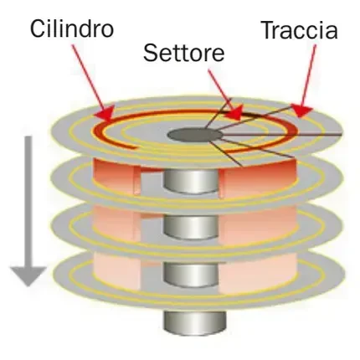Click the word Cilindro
72,28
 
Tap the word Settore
184,53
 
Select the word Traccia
301,29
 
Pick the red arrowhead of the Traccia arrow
301,110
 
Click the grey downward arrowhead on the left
28,275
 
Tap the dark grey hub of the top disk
195,135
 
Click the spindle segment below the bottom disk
194,324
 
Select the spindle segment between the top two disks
191,182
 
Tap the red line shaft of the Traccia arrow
309,75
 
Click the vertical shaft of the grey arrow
28,202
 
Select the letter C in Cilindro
38,29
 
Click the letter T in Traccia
269,30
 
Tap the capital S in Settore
151,53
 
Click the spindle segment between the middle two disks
192,228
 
